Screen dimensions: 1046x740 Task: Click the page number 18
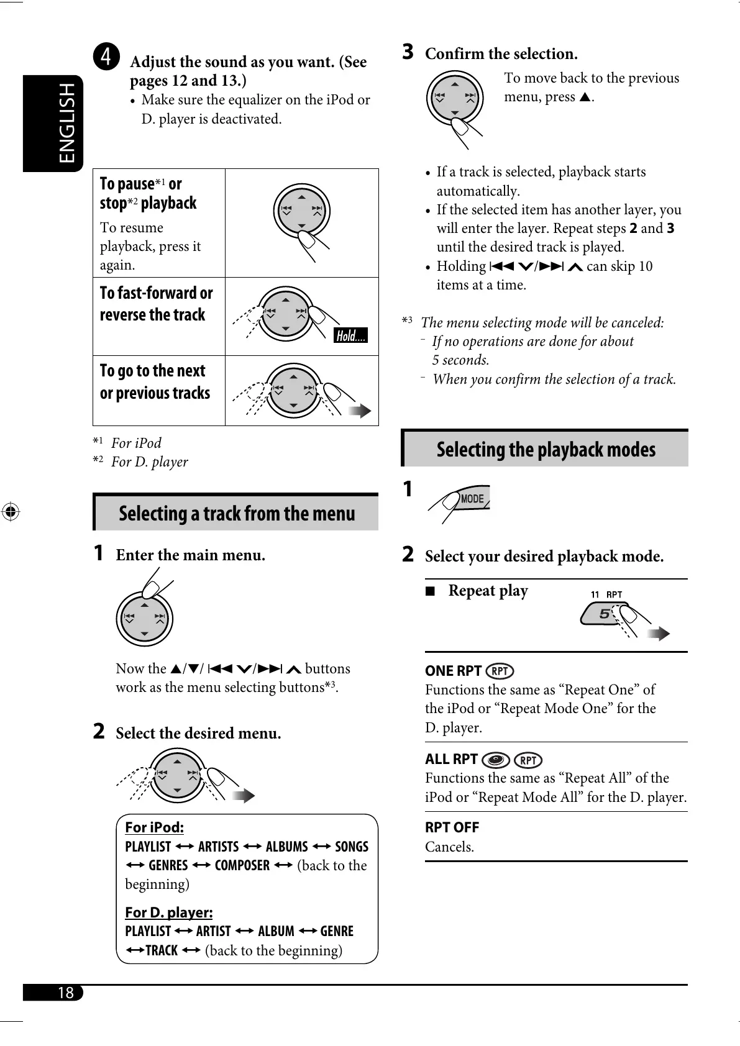click(65, 993)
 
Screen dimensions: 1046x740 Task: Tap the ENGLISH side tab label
click(66, 123)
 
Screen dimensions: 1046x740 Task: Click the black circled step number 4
click(107, 57)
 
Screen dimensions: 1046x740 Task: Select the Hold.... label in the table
click(351, 336)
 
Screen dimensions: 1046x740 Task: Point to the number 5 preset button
click(602, 614)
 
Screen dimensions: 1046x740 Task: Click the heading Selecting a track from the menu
click(237, 514)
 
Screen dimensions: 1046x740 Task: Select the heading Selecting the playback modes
click(546, 449)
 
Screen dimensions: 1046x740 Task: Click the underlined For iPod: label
click(154, 827)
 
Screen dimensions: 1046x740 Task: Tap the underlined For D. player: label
click(168, 912)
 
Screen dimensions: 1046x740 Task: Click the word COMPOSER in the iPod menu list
click(242, 865)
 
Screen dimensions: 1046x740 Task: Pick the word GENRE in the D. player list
click(337, 931)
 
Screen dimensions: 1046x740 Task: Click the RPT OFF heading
click(452, 827)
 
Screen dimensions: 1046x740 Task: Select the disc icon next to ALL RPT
click(496, 760)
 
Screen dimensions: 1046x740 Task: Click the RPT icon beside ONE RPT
click(500, 671)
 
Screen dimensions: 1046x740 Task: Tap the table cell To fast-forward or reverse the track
click(157, 304)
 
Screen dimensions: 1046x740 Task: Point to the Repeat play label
click(488, 591)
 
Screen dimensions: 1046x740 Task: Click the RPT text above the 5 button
click(614, 594)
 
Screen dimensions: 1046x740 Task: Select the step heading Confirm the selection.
click(501, 54)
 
